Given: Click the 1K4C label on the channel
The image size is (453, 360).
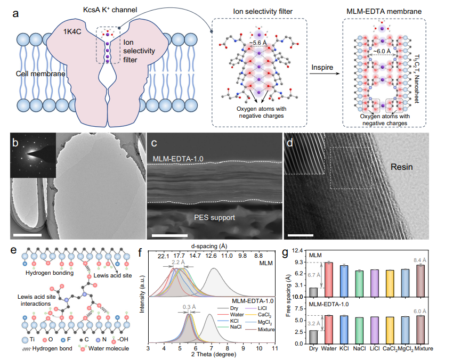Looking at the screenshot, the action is coord(72,31).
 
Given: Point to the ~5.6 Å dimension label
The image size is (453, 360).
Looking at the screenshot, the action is coord(258,43).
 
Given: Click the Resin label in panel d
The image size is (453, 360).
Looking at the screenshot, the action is coord(402,167).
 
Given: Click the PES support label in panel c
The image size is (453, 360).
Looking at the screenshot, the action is coord(214,217).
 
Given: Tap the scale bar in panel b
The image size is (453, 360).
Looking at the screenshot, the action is coord(27,235).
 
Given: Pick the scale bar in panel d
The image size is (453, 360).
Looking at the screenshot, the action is coord(301,235).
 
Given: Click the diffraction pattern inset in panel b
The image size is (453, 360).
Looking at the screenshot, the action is coord(33,155).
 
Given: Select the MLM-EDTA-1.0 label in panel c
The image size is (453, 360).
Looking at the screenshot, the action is coord(178,159).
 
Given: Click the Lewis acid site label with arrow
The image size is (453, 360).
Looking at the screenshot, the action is coord(112,275).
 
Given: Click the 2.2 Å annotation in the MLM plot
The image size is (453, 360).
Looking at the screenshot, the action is coord(178,262).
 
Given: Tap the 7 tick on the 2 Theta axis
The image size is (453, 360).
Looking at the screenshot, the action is coord(212,348).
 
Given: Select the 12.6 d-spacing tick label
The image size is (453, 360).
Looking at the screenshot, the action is coord(211,256).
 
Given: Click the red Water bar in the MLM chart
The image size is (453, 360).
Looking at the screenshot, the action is coord(329,280).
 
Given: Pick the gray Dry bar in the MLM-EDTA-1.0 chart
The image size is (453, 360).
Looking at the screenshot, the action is coord(313,337).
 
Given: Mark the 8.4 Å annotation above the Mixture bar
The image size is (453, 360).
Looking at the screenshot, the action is coord(420,260).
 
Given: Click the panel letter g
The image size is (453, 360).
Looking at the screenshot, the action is coord(285,253).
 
